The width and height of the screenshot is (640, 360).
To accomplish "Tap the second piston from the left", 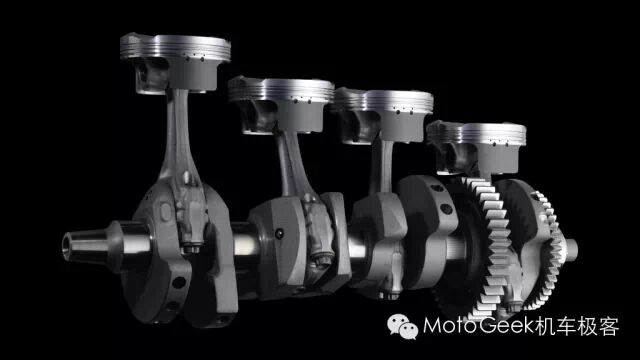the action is tap(281, 105).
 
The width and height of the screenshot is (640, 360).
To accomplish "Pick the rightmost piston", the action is tap(477, 148).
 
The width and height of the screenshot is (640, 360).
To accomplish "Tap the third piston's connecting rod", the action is tap(382, 167).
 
